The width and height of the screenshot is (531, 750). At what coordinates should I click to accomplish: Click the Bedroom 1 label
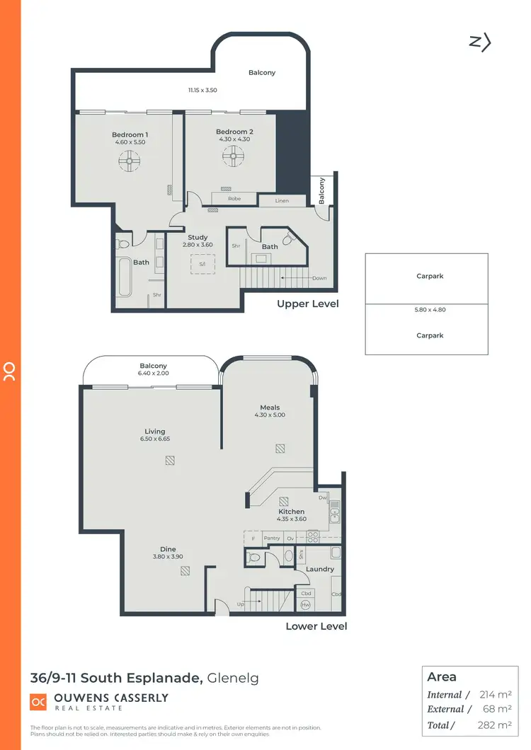[x=130, y=134]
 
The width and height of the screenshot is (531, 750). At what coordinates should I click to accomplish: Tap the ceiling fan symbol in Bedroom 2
[x=233, y=158]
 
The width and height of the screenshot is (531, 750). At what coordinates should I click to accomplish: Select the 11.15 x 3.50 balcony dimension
[x=202, y=90]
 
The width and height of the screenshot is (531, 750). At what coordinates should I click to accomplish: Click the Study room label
[x=198, y=238]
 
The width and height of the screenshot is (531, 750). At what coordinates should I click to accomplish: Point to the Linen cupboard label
[x=282, y=201]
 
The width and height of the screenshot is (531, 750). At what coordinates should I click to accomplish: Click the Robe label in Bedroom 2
[x=234, y=199]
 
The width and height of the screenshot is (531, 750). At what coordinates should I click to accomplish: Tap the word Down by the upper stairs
[x=319, y=278]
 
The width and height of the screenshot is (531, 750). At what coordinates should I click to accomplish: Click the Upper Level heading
[x=308, y=304]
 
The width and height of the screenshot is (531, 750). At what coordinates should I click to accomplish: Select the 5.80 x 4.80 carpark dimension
[x=430, y=310]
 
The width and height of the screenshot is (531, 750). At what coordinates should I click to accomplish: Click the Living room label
[x=154, y=431]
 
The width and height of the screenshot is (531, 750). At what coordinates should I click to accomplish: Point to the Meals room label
[x=270, y=408]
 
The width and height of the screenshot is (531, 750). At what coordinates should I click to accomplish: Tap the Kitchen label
[x=291, y=512]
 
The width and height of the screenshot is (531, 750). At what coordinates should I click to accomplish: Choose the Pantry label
[x=272, y=538]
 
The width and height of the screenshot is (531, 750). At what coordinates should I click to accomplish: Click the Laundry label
[x=320, y=569]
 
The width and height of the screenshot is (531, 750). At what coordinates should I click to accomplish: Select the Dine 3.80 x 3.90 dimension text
[x=168, y=557]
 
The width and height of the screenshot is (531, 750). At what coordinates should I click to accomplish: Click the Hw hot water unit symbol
[x=306, y=605]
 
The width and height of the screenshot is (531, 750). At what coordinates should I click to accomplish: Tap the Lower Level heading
[x=316, y=626]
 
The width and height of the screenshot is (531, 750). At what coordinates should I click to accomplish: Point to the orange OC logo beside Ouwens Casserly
[x=38, y=701]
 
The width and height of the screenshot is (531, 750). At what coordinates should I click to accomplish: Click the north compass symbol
[x=480, y=42]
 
